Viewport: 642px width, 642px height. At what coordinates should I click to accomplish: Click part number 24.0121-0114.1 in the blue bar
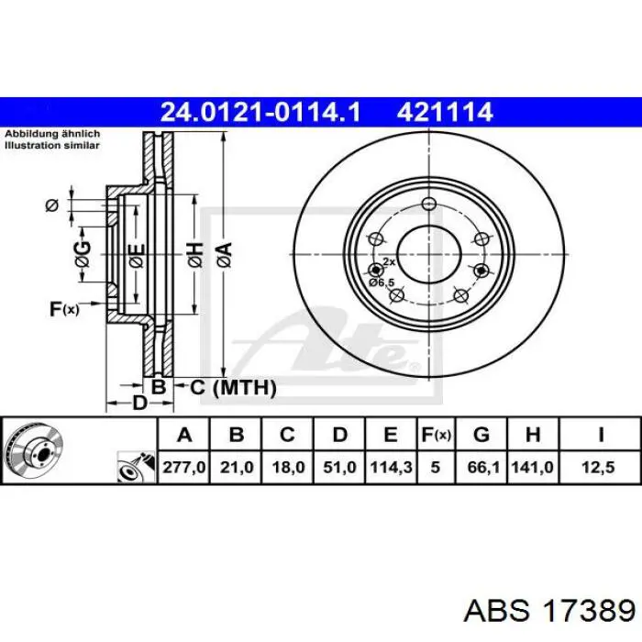[260, 112]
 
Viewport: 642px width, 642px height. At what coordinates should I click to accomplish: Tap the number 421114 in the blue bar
[444, 112]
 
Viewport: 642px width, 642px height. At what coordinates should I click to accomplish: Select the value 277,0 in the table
[183, 467]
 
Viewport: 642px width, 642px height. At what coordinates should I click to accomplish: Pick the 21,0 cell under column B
[237, 467]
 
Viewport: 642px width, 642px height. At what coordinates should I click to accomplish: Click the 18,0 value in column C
[288, 467]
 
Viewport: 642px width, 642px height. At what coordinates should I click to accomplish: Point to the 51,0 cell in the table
[339, 467]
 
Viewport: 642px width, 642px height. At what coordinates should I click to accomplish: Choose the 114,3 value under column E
[391, 467]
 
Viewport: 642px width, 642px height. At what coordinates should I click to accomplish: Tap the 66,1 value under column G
[483, 467]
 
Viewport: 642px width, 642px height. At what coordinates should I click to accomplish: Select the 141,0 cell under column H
[532, 467]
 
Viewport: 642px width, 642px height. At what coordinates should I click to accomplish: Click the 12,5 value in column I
[599, 467]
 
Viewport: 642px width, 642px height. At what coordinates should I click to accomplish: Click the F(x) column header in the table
[436, 435]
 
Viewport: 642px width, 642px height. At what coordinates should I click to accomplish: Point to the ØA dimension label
[225, 255]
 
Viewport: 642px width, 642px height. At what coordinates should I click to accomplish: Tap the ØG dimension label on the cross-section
[83, 255]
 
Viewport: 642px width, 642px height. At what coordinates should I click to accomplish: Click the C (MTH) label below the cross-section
[233, 387]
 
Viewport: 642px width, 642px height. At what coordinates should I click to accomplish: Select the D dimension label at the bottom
[139, 403]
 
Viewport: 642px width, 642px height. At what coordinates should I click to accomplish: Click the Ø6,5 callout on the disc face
[382, 282]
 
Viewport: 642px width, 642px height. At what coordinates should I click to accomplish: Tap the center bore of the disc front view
[429, 254]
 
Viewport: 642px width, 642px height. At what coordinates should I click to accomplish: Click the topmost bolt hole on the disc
[429, 204]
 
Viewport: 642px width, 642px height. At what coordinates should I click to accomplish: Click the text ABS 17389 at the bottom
[549, 612]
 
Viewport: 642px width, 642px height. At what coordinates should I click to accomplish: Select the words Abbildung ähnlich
[52, 134]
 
